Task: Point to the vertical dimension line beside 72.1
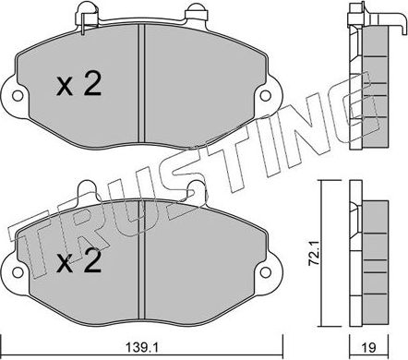click(x=321, y=249)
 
